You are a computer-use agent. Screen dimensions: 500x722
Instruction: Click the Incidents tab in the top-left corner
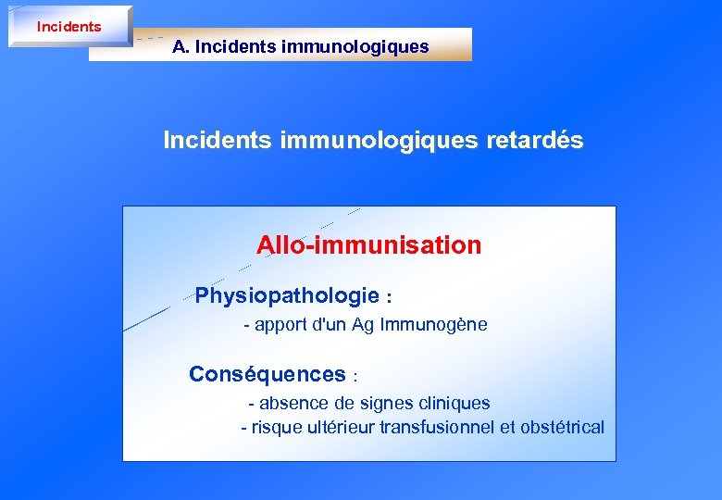tap(69, 27)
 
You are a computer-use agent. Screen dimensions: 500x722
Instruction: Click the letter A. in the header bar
tap(180, 46)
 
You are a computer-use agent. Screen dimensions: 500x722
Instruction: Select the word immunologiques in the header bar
tap(371, 46)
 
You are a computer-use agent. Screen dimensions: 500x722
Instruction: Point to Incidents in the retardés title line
tap(217, 140)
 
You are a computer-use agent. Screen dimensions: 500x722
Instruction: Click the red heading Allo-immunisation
tap(368, 245)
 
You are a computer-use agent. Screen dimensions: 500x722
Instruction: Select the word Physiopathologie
tap(287, 296)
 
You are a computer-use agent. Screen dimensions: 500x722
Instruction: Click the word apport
tap(281, 326)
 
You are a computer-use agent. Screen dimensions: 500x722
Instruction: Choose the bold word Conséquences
tap(267, 374)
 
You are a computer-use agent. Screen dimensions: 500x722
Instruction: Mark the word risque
tap(277, 428)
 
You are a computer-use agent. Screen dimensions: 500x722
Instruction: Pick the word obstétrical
tap(562, 427)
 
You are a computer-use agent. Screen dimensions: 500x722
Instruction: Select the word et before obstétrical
tap(507, 427)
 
